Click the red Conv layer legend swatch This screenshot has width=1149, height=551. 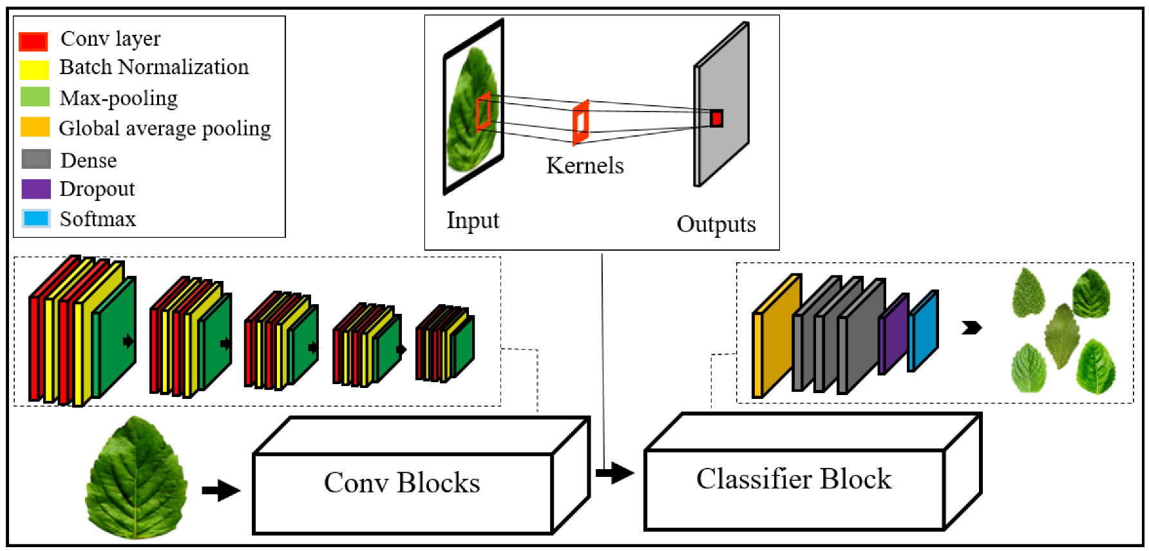pos(33,41)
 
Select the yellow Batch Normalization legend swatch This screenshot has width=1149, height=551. pos(34,69)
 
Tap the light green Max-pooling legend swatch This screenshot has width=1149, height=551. pos(35,97)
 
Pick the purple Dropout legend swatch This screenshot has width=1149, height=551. pos(36,189)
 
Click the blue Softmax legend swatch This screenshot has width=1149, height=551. pos(36,218)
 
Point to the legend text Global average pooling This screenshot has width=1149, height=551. pos(165,128)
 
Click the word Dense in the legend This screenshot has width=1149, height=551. pos(89,160)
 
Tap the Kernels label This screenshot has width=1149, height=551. pos(585,166)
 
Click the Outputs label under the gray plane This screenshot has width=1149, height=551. pos(716,224)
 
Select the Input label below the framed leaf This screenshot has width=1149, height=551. pos(473,220)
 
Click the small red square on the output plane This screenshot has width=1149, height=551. pos(716,119)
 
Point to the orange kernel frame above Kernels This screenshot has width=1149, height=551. pos(581,122)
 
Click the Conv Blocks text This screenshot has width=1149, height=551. pos(402,483)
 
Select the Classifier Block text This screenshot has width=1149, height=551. pos(793,479)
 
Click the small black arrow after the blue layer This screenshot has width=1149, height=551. pos(971,328)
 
